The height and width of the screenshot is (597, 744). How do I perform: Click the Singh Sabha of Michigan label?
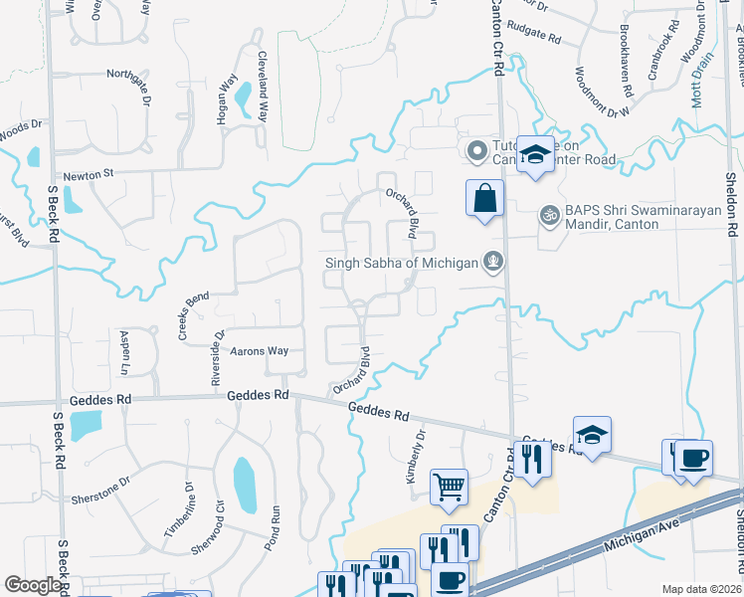[402, 263]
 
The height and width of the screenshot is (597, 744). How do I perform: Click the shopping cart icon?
[449, 488]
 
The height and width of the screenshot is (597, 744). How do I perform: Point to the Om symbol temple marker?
[548, 213]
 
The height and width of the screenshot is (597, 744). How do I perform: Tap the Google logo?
[33, 585]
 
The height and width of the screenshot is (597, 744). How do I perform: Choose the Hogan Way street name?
[224, 101]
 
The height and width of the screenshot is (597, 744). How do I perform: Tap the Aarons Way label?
[260, 351]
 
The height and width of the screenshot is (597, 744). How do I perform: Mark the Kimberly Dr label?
[415, 458]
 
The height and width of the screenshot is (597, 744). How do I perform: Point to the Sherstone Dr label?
[100, 491]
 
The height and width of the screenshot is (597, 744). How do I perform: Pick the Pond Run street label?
[276, 525]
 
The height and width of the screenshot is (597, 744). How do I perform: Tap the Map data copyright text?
[701, 589]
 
